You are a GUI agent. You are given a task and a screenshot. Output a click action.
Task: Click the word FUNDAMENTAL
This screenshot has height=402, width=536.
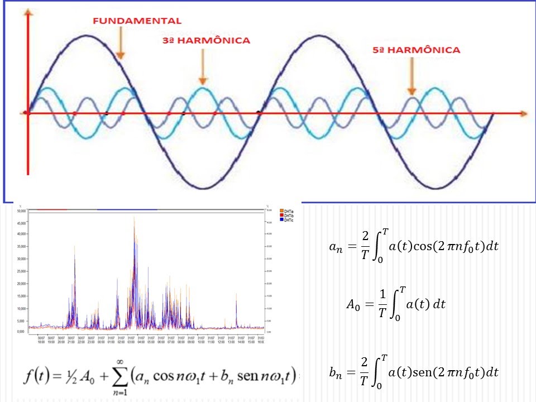(137, 21)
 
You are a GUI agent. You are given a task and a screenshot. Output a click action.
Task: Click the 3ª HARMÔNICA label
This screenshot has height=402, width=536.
(206, 40)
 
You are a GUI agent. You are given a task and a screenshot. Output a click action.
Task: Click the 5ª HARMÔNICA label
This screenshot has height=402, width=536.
(416, 50)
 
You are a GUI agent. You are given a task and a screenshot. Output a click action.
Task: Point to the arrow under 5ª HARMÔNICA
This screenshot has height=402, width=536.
(411, 75)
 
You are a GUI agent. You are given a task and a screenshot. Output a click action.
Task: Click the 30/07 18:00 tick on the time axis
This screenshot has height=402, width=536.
(41, 339)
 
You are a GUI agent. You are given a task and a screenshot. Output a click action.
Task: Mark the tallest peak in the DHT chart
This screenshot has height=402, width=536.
(135, 218)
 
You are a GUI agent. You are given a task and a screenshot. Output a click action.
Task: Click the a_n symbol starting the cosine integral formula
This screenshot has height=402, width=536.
(336, 247)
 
